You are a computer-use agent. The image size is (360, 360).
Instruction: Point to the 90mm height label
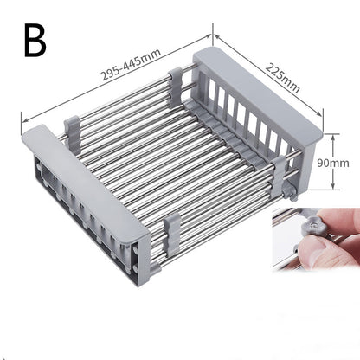[x=332, y=163]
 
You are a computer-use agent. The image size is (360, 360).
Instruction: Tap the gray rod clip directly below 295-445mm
[x=176, y=80]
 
